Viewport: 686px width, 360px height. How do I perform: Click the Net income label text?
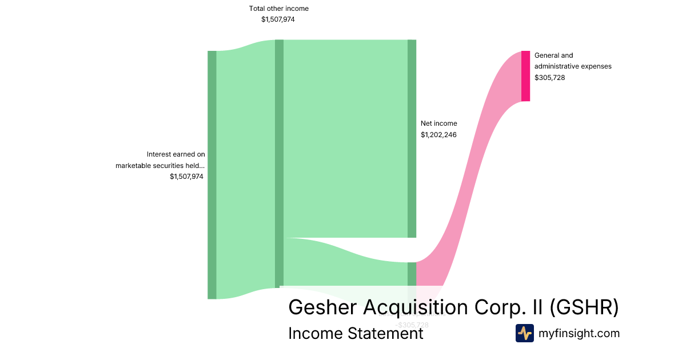(438, 123)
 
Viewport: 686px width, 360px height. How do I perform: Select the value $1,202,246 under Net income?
(438, 135)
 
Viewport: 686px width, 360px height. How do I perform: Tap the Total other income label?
(278, 9)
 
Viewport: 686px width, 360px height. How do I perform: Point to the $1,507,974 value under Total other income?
(278, 19)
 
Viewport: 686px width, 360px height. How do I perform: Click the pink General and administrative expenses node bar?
(525, 76)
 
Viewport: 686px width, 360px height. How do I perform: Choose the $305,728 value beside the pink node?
(549, 78)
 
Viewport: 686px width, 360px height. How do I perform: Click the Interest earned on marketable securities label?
(160, 160)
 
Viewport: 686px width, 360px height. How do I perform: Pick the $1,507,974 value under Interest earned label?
(186, 177)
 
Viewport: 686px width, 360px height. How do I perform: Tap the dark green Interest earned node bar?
(212, 174)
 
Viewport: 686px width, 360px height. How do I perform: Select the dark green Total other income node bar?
(279, 163)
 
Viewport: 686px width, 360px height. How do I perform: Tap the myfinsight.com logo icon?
(524, 333)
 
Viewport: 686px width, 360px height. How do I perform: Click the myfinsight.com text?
(579, 333)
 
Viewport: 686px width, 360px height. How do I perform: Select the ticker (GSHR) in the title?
(584, 307)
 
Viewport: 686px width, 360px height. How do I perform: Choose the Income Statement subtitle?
(356, 333)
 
